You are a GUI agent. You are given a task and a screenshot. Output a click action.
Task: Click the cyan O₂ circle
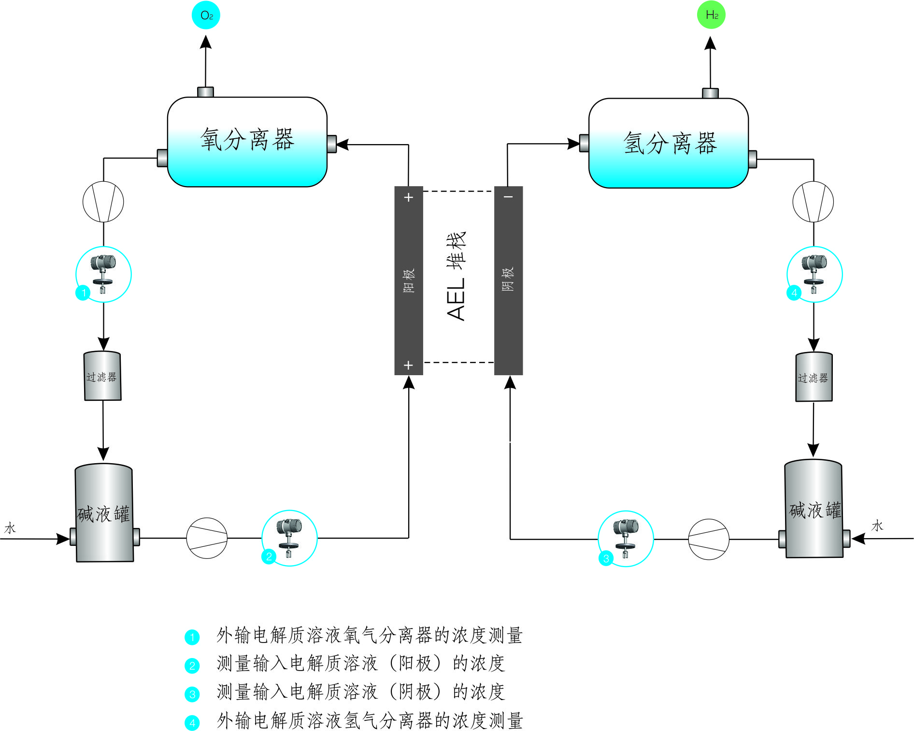pyautogui.click(x=206, y=15)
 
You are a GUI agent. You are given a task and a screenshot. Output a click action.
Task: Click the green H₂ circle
pyautogui.click(x=711, y=15)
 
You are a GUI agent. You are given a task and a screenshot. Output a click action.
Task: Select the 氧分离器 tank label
pyautogui.click(x=247, y=140)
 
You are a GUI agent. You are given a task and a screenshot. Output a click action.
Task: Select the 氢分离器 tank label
pyautogui.click(x=670, y=144)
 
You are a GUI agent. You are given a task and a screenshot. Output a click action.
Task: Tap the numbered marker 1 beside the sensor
pyautogui.click(x=83, y=292)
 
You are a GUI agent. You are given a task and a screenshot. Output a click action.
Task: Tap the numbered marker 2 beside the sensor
pyautogui.click(x=269, y=556)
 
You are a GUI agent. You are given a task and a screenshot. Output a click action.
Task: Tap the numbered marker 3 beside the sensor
pyautogui.click(x=606, y=558)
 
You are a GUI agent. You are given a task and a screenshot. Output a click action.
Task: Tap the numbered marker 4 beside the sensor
pyautogui.click(x=794, y=292)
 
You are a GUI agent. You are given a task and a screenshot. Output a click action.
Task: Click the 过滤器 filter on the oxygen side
pyautogui.click(x=102, y=377)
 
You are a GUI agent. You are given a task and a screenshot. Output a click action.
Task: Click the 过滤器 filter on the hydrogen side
pyautogui.click(x=814, y=378)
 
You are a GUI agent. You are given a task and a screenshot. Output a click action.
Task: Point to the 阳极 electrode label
pyautogui.click(x=409, y=280)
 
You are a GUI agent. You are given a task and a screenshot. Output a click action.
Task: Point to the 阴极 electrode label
pyautogui.click(x=508, y=279)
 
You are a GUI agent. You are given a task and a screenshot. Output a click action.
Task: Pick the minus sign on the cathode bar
pyautogui.click(x=509, y=197)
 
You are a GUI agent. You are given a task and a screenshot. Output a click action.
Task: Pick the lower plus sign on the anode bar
pyautogui.click(x=409, y=365)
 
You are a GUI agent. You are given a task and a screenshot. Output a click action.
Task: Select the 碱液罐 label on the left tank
pyautogui.click(x=103, y=514)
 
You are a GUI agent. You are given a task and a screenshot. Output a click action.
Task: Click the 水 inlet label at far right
pyautogui.click(x=877, y=526)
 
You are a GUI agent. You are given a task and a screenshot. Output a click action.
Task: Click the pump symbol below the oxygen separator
pyautogui.click(x=103, y=202)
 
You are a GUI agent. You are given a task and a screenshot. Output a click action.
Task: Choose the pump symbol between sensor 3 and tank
pyautogui.click(x=709, y=540)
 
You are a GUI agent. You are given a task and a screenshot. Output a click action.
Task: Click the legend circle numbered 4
pyautogui.click(x=192, y=723)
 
